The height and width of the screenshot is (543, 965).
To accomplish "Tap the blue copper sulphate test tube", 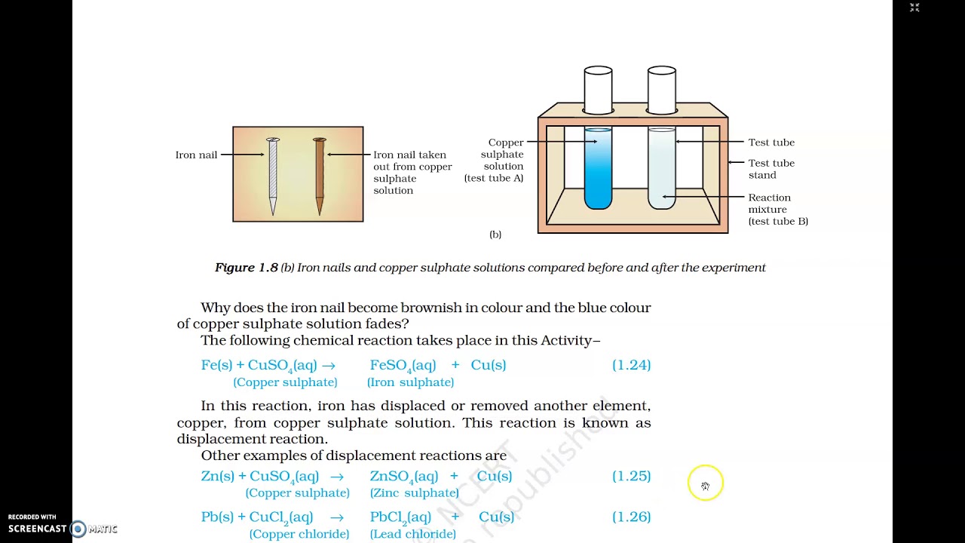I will [598, 170].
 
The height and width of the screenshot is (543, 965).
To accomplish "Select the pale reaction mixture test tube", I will [661, 170].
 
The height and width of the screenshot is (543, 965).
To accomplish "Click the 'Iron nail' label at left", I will [196, 155].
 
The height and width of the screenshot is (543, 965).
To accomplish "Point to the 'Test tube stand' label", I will [770, 169].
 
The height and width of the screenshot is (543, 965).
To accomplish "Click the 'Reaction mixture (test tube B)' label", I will [777, 210].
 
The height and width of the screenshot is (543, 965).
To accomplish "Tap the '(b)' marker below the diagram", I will [495, 235].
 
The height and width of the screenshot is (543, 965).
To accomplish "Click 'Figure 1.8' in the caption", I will [246, 268].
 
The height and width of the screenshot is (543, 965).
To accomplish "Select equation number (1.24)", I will [631, 365].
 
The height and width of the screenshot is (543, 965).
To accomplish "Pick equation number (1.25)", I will [631, 476].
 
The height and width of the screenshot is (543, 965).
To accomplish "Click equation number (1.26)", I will [631, 517].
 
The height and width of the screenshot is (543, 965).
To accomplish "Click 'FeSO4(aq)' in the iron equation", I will [403, 365].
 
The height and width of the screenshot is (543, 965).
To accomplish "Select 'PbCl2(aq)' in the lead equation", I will [400, 517].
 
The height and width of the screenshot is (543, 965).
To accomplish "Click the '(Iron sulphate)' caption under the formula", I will [410, 382].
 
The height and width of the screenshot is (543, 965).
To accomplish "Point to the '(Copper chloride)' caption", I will [299, 534].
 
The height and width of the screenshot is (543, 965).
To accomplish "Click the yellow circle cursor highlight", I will [705, 483].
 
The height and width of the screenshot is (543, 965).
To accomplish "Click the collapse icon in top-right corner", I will [914, 8].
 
